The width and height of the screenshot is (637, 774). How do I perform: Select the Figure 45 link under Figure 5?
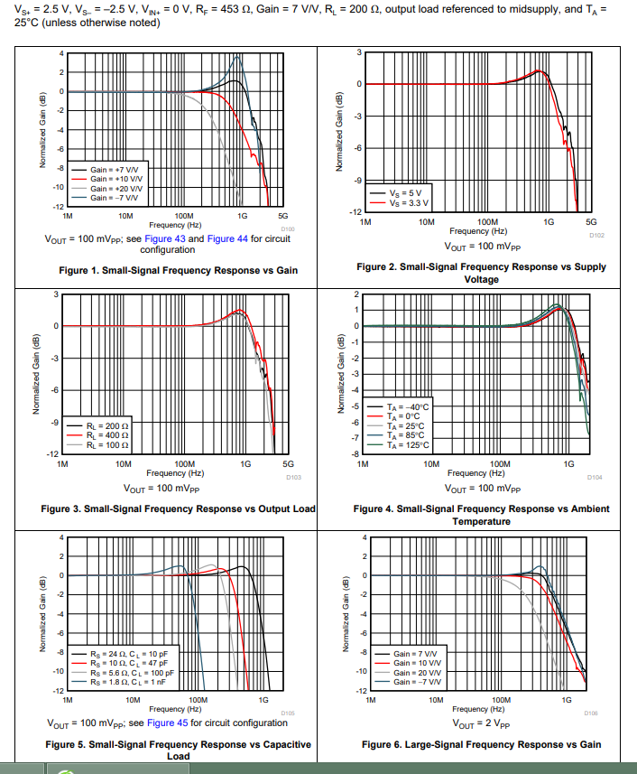(167, 723)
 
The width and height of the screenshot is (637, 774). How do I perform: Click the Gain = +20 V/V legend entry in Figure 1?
(115, 188)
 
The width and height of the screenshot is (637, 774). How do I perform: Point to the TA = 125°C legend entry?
(408, 444)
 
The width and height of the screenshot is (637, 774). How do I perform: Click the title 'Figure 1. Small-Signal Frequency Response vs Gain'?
(178, 270)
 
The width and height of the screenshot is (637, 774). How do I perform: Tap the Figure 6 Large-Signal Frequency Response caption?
(481, 744)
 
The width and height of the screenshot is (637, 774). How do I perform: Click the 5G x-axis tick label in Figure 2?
(591, 221)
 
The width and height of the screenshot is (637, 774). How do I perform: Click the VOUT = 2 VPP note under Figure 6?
(483, 723)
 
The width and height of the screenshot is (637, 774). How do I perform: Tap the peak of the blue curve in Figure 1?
(238, 57)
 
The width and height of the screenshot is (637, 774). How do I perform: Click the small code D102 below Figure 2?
(595, 235)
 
